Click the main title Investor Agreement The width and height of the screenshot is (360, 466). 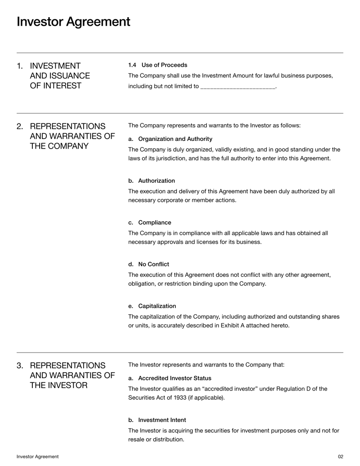73,21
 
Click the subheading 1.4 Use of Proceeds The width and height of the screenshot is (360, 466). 157,65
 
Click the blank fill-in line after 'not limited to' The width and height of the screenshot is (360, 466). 237,86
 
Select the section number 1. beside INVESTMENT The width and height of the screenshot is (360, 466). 20,66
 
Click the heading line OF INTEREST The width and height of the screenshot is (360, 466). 55,86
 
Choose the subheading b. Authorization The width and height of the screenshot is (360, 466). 152,181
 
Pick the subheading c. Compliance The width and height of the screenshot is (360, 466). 150,222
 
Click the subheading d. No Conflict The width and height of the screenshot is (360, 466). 148,264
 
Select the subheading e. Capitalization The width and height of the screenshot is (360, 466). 152,306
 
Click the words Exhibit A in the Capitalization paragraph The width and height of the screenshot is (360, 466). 230,325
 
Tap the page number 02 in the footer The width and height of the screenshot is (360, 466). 340,457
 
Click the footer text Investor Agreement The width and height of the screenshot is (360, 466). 37,457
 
